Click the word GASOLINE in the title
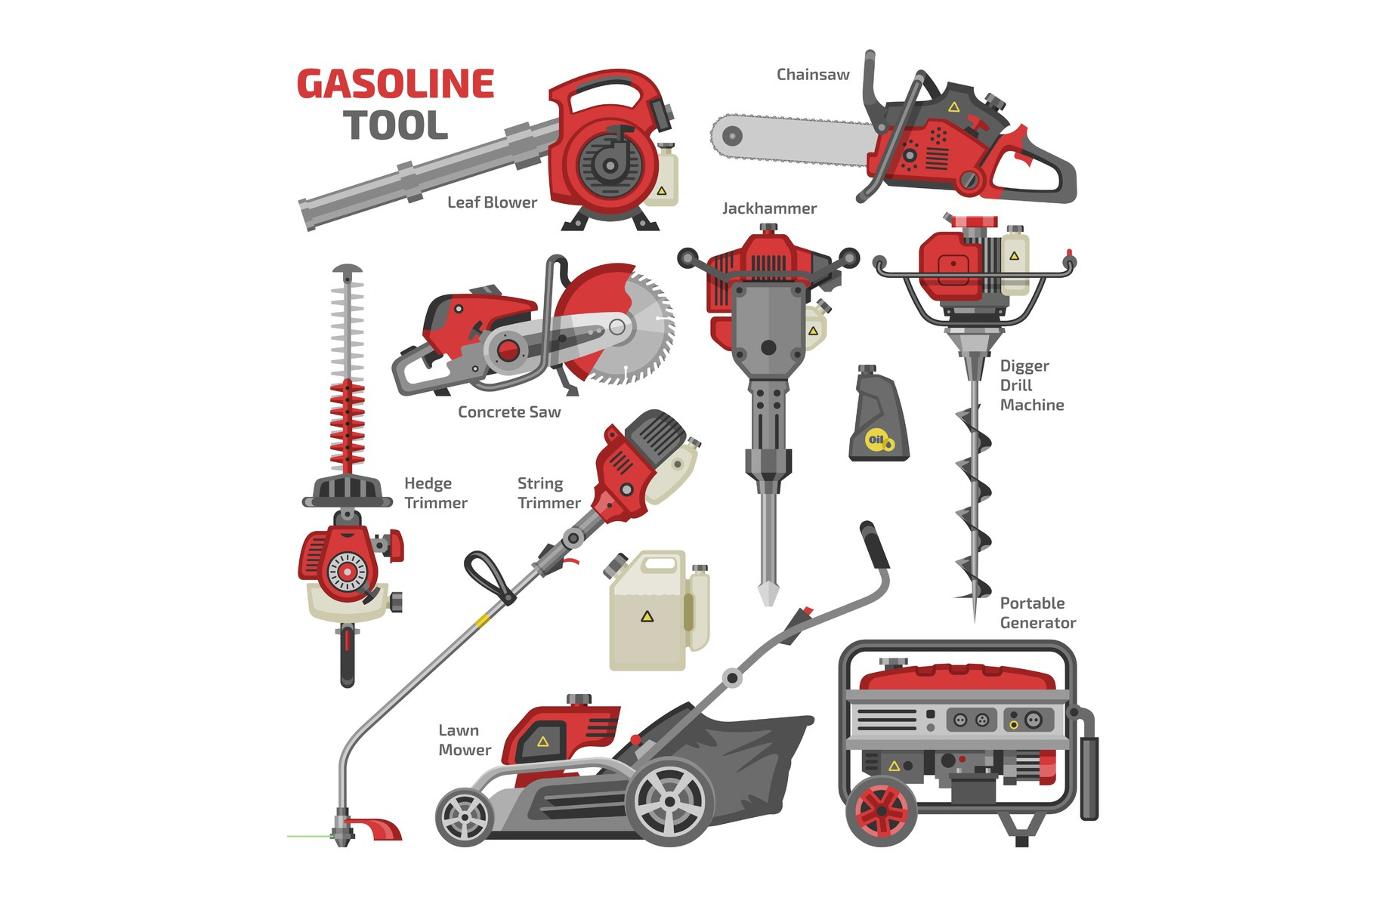click(395, 84)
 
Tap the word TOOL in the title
click(396, 125)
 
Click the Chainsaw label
click(813, 75)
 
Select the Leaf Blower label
click(492, 202)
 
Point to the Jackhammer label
click(769, 208)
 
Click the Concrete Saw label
click(509, 412)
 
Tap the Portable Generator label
click(1038, 613)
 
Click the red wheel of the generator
click(881, 812)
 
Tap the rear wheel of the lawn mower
click(670, 801)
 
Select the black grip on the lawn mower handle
click(876, 544)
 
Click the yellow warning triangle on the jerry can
click(647, 617)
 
